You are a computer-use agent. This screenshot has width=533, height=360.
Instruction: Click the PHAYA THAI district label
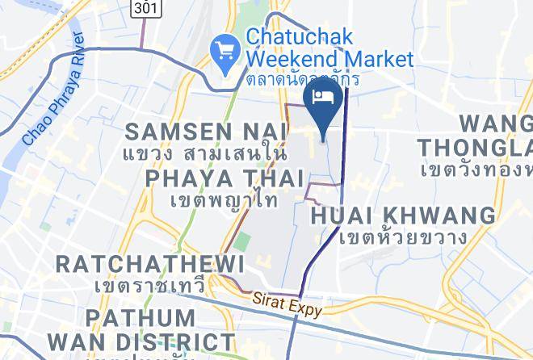pyautogui.click(x=225, y=177)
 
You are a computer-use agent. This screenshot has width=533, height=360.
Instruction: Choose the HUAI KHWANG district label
pyautogui.click(x=403, y=216)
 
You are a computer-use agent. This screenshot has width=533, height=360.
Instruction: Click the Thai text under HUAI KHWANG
pyautogui.click(x=403, y=237)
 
